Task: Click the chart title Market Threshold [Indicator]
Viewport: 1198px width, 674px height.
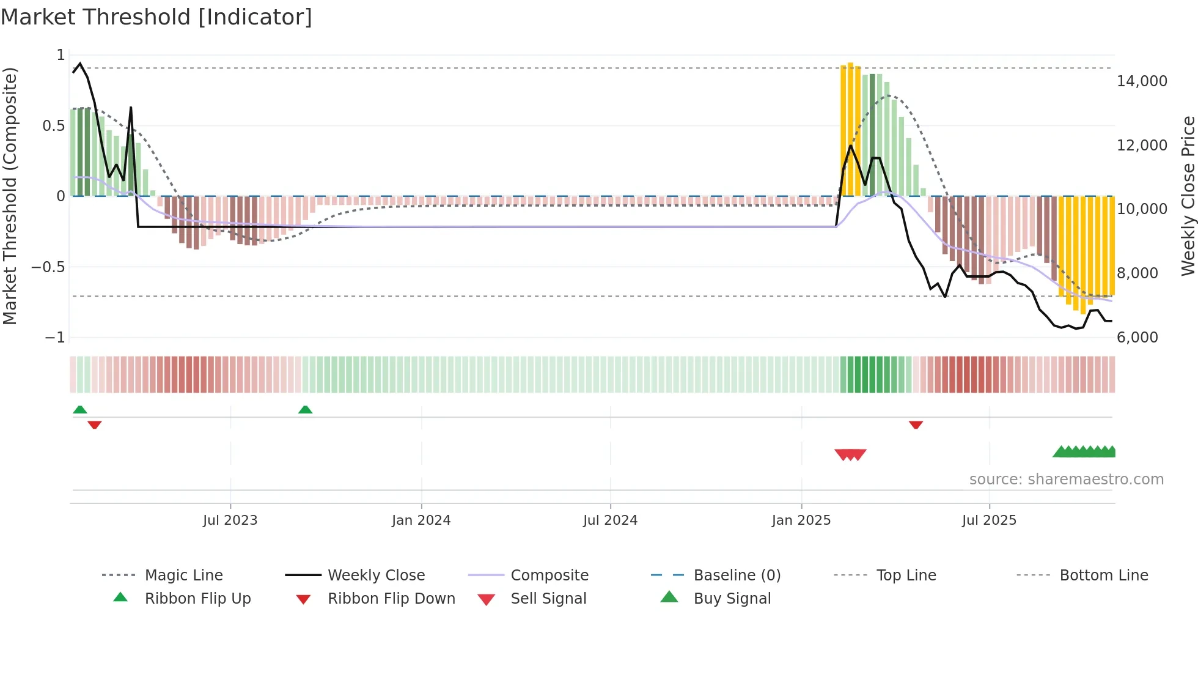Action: coord(156,17)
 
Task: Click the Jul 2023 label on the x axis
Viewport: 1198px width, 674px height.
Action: coord(230,520)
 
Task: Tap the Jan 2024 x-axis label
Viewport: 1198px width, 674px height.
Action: coord(421,520)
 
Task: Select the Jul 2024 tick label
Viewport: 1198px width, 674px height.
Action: coord(610,520)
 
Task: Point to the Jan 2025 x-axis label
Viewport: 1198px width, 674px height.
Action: coord(801,520)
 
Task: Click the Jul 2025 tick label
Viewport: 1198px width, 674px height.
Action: coord(989,520)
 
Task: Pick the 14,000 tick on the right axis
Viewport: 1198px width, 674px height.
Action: coord(1142,81)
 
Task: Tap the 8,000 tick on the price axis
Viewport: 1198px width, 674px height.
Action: coord(1137,273)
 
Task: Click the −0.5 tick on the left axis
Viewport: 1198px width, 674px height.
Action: coord(48,267)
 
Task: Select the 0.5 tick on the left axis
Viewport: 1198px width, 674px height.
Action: coord(53,126)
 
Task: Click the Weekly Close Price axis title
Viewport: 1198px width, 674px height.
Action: coord(1188,196)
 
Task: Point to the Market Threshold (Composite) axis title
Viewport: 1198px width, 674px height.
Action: coord(10,196)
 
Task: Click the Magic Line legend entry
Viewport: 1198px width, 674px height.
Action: coord(183,576)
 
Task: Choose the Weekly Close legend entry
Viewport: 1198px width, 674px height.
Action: coord(376,576)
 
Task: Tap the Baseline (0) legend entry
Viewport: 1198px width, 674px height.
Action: coord(737,576)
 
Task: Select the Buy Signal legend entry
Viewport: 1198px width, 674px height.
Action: coord(732,599)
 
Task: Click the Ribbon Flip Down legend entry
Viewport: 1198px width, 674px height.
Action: coord(391,599)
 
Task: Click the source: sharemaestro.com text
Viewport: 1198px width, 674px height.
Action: coord(1066,480)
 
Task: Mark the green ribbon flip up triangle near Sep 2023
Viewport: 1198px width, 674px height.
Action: coord(305,410)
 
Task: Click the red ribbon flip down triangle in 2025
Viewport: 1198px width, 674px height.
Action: coord(915,424)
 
